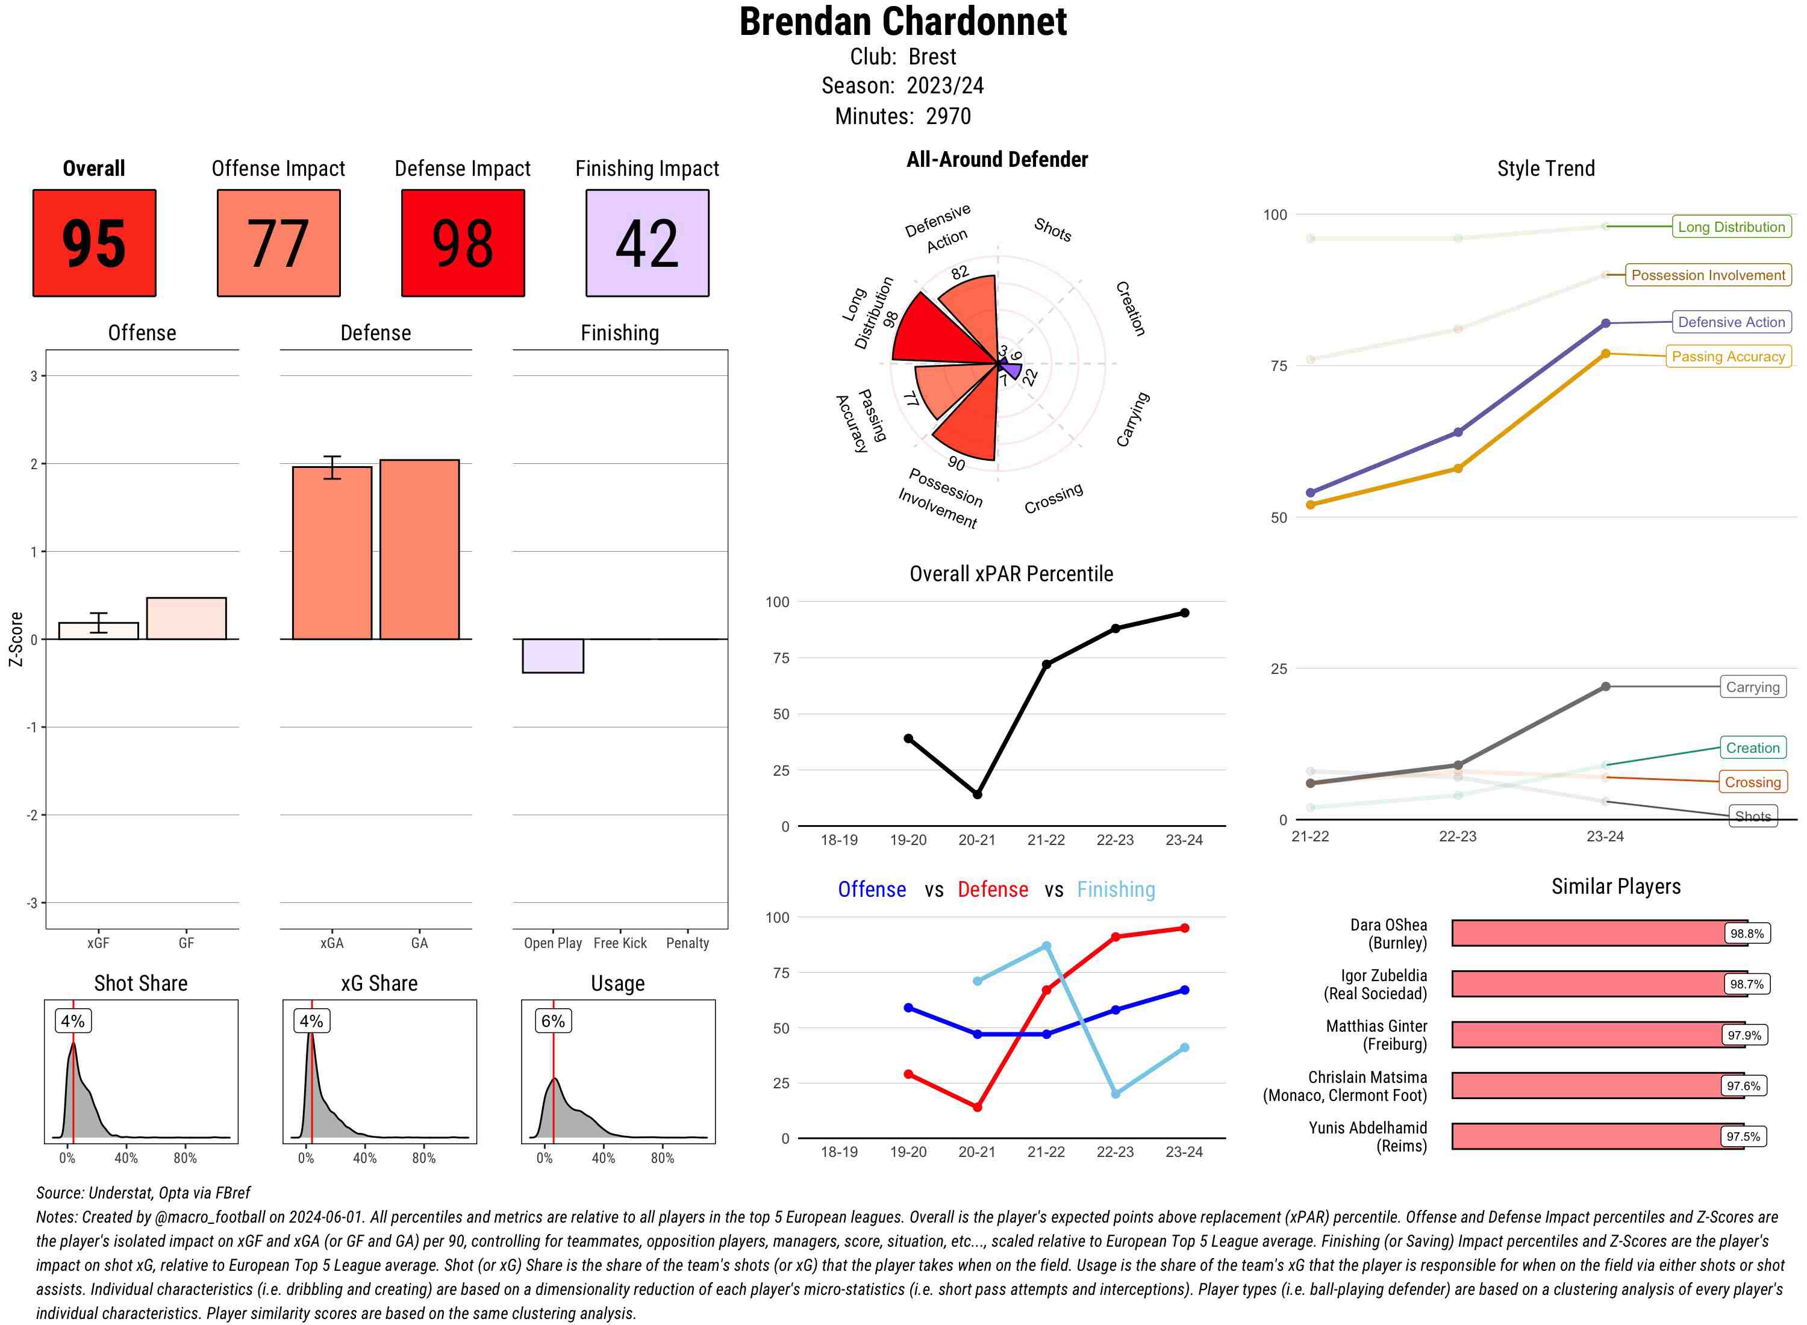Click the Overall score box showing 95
94,243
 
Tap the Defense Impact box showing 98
463,243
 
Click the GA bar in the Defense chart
419,549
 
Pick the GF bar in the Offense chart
186,619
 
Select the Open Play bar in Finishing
552,655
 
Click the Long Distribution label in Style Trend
1731,227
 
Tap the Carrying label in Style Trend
1752,687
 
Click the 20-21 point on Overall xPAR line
977,794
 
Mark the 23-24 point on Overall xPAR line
1185,613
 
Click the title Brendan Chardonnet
902,22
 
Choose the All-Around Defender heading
997,160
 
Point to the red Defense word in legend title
992,890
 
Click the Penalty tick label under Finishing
687,943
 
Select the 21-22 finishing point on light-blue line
1046,946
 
